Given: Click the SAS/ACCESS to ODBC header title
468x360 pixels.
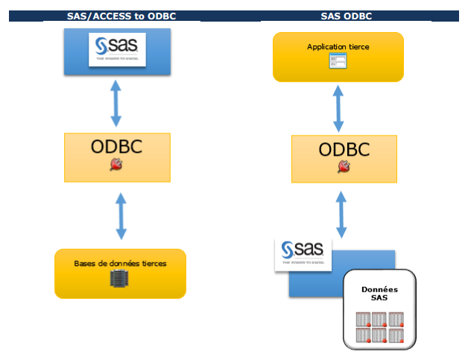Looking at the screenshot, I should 116,16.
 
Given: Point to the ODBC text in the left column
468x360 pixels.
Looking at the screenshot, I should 116,147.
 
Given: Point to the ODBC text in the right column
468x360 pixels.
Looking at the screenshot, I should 344,149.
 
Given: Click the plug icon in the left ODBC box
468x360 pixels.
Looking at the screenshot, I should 116,165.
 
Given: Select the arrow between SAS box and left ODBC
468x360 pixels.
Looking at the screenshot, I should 116,103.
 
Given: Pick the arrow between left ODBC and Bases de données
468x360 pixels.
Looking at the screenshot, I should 120,218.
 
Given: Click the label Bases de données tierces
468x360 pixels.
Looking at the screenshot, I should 120,263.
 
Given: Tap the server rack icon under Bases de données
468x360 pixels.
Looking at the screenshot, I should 120,280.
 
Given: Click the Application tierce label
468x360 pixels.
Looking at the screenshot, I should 338,47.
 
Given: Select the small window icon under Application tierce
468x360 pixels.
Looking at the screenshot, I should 338,62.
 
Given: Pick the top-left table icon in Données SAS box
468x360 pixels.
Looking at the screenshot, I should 363,319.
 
